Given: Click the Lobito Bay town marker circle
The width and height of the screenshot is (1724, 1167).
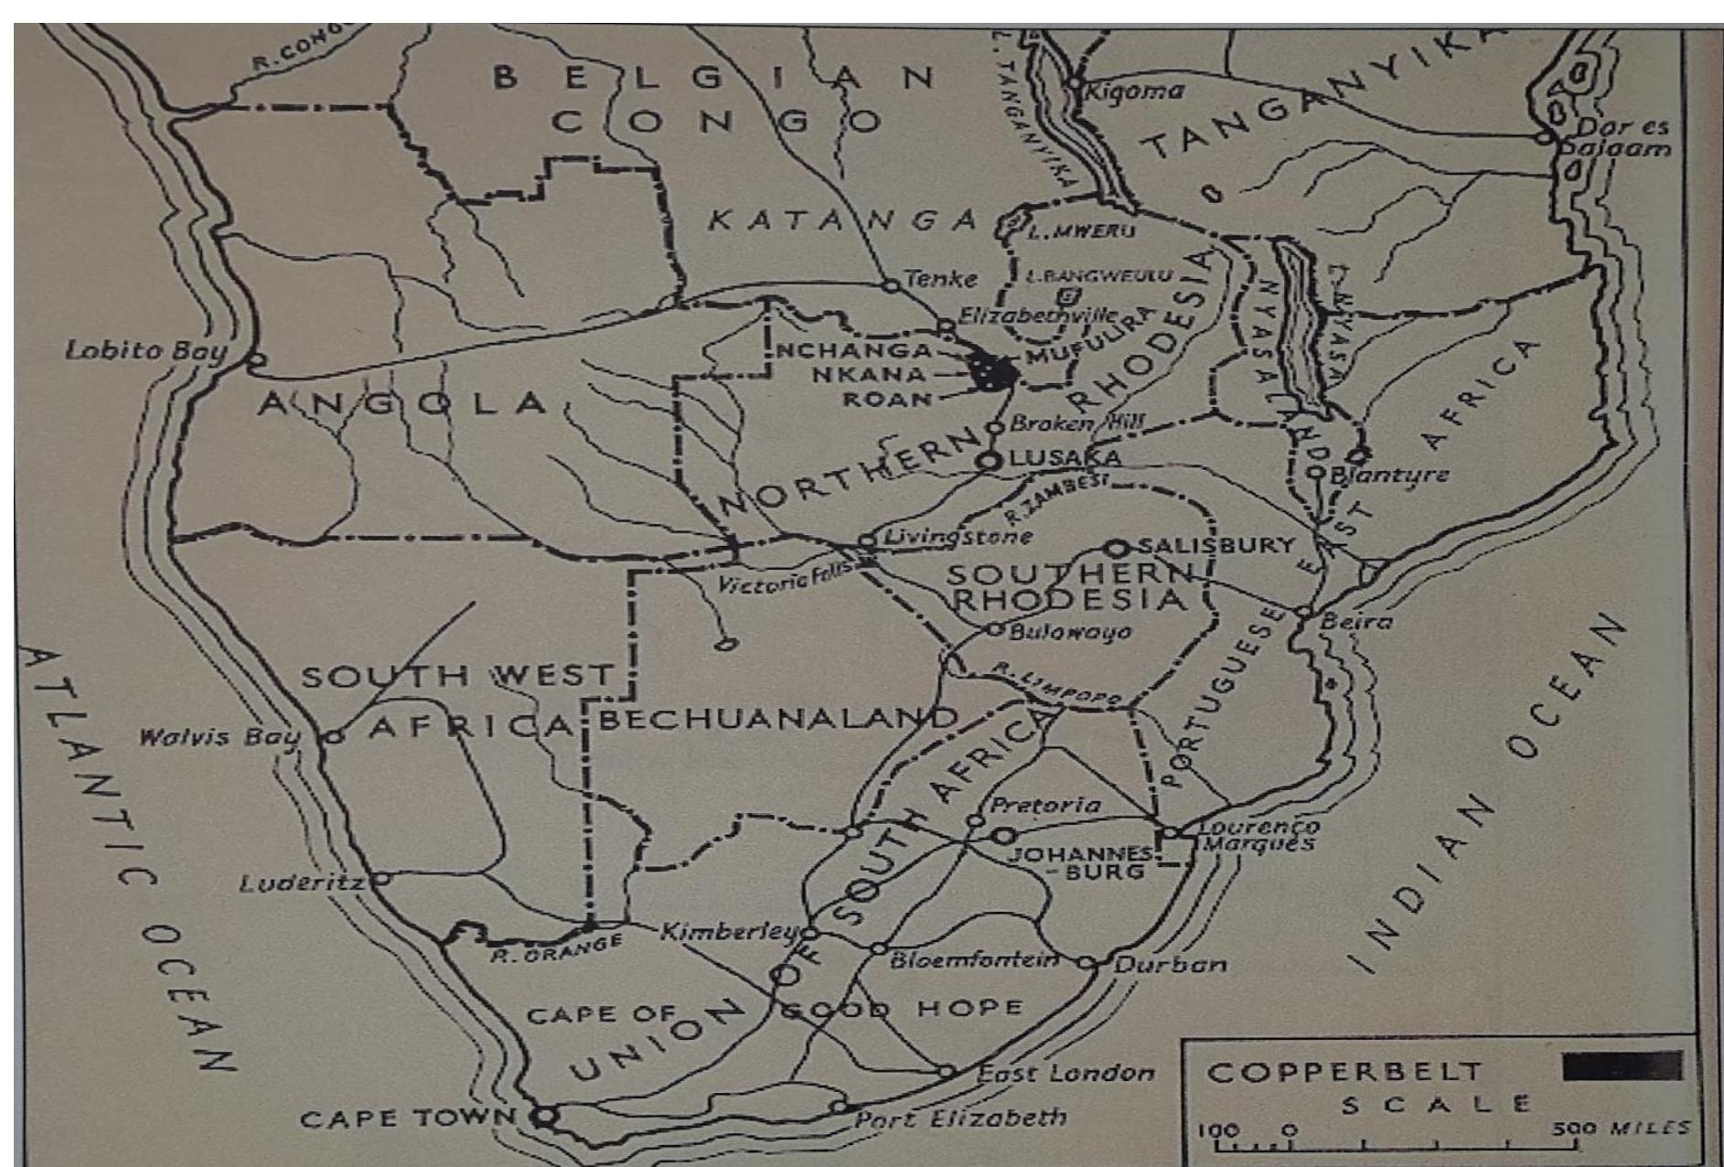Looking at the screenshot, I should click(x=256, y=359).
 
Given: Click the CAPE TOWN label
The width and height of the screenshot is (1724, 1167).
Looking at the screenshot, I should click(x=408, y=1118).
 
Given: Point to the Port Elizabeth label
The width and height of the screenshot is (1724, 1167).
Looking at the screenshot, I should click(x=960, y=1118).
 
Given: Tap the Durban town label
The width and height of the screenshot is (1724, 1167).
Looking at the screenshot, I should click(x=1171, y=964).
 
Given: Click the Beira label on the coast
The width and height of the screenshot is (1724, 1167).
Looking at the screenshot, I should click(x=1357, y=622).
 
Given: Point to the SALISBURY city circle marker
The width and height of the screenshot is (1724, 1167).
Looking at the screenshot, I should click(x=1117, y=549).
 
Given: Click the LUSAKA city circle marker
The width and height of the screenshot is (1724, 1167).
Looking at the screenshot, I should click(x=988, y=461).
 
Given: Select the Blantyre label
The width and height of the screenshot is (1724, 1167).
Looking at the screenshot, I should click(x=1389, y=475).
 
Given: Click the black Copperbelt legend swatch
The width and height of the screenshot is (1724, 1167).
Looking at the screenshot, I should click(x=1622, y=1066).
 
